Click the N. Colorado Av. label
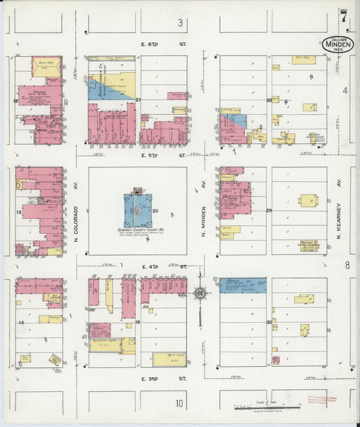[76, 212]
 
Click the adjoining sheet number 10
[179, 404]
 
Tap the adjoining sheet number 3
[180, 24]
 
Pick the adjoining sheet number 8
[347, 265]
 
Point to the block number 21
[138, 100]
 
